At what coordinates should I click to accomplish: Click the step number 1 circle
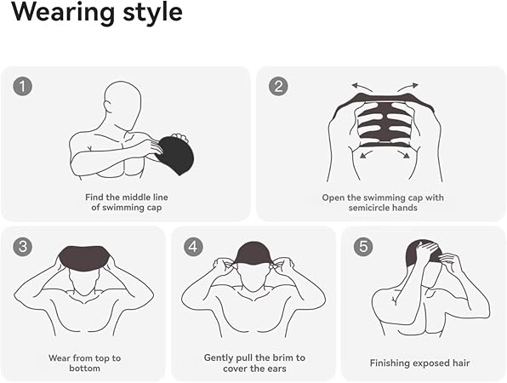click(23, 86)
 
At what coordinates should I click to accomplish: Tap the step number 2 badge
click(278, 86)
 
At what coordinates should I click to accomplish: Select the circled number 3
click(23, 247)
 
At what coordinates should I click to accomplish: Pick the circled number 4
click(193, 247)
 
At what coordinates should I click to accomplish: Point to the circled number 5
click(363, 247)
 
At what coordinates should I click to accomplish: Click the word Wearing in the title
click(63, 12)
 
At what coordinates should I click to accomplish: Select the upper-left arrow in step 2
click(362, 87)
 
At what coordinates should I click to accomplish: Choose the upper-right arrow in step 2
click(407, 87)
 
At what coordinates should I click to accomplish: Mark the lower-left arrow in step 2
click(366, 154)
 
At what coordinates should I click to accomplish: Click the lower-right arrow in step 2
click(404, 154)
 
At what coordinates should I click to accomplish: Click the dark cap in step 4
click(253, 254)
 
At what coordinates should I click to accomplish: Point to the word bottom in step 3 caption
click(84, 369)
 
